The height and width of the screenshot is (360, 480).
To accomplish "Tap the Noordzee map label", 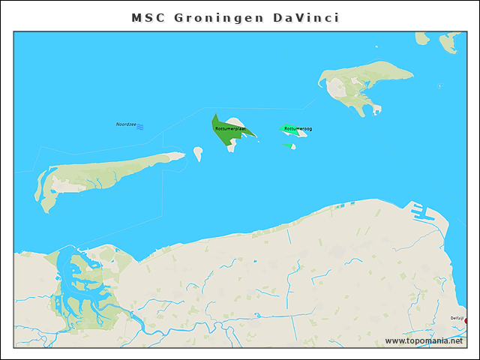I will pyautogui.click(x=125, y=124).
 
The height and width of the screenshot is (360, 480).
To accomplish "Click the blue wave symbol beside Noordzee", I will pyautogui.click(x=140, y=125).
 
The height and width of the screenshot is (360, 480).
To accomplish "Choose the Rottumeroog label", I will pyautogui.click(x=298, y=129).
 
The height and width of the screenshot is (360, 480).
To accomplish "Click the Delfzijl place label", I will pyautogui.click(x=457, y=318).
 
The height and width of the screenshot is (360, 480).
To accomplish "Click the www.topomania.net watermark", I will pyautogui.click(x=424, y=340).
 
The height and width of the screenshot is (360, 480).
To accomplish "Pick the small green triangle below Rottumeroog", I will pyautogui.click(x=287, y=145).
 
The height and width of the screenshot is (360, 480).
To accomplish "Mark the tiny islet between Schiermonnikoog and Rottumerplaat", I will pyautogui.click(x=198, y=153).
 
